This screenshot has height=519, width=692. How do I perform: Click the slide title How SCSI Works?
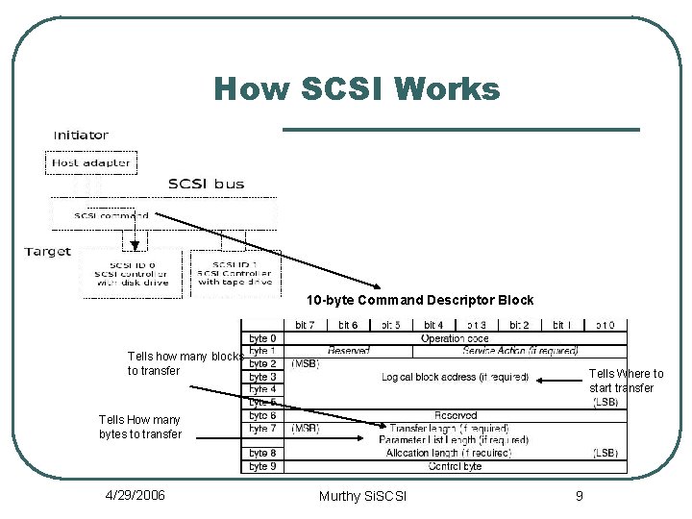[357, 89]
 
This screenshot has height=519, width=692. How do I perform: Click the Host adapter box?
[90, 162]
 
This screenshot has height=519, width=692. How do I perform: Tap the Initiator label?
[81, 136]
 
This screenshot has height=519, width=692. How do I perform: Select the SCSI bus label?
[206, 183]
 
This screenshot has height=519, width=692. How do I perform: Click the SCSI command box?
[111, 215]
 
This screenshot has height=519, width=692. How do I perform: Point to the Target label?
[48, 252]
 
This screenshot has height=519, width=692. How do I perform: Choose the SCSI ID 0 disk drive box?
[132, 273]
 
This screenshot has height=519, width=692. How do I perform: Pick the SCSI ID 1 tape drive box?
[235, 273]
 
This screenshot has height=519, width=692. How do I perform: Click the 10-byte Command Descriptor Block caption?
[420, 301]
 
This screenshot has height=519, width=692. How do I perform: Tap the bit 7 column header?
[305, 326]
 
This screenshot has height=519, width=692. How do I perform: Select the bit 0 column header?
[605, 326]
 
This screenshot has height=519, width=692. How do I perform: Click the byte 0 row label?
[262, 338]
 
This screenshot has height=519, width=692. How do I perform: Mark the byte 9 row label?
[262, 466]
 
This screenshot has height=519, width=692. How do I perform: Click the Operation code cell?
[455, 338]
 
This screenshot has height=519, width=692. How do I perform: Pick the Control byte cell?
[455, 466]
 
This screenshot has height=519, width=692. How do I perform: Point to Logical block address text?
[455, 377]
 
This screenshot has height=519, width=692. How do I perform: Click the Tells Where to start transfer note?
[626, 381]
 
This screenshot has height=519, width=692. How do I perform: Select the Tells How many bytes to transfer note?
[139, 427]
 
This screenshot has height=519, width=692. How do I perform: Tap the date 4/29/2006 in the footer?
[135, 495]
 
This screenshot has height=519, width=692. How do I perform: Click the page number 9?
[579, 495]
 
